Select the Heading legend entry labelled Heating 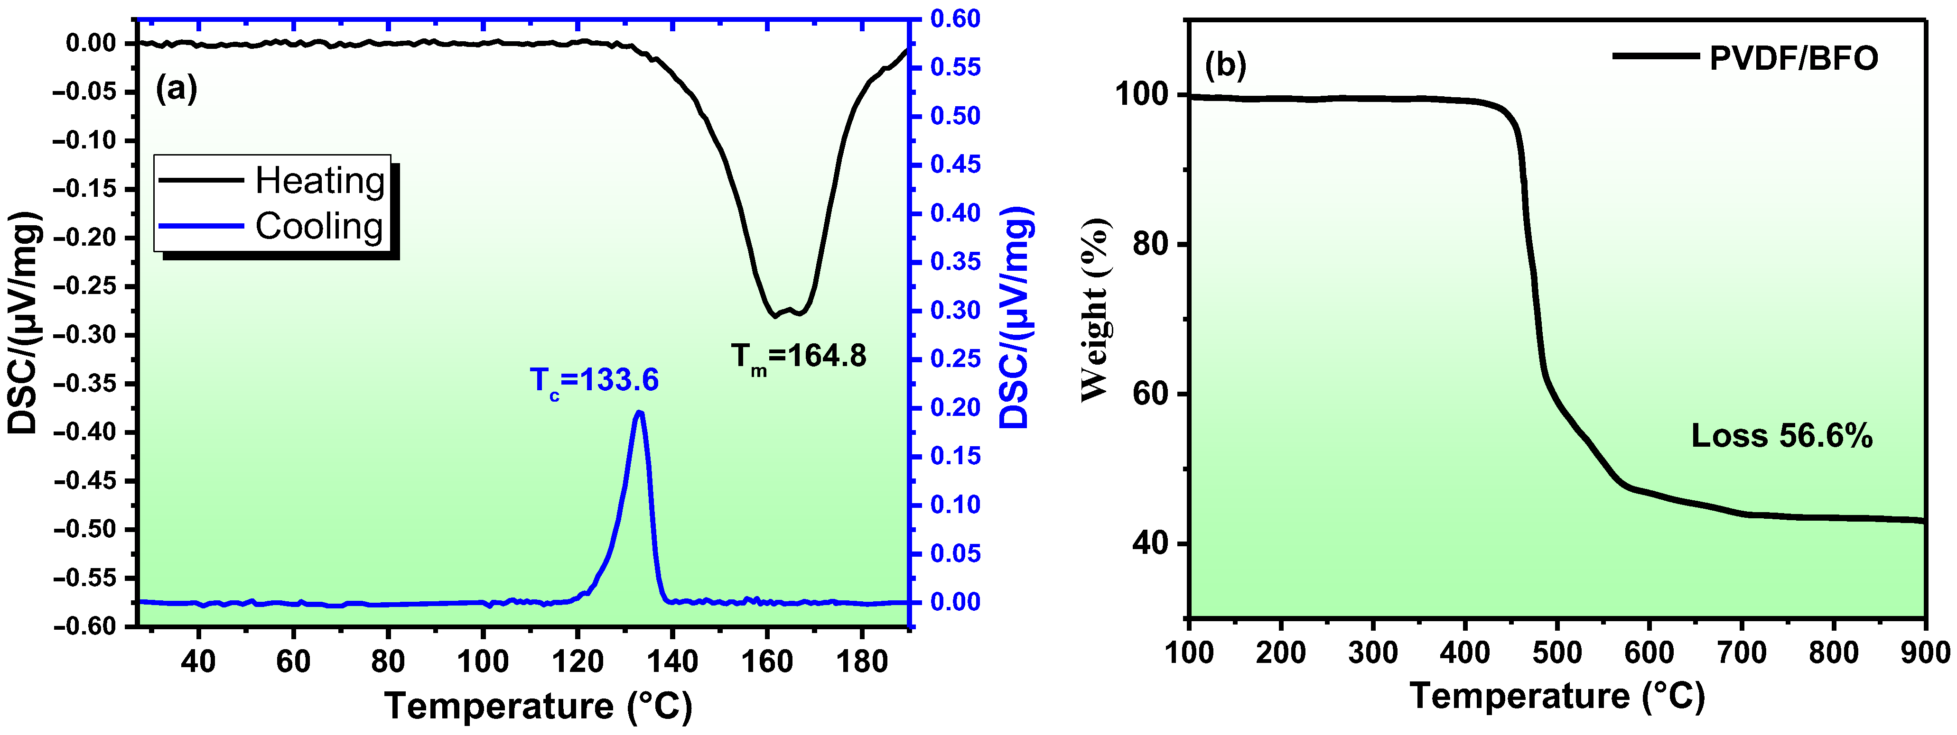coord(319,181)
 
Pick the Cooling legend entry coord(318,226)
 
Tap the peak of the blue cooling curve coord(639,412)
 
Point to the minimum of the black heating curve coord(775,315)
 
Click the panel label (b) coord(1225,66)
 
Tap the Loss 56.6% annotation coord(1781,436)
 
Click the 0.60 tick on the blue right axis coord(956,19)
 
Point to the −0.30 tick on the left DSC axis coord(84,335)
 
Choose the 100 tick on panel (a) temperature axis coord(483,661)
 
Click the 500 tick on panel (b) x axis coord(1557,652)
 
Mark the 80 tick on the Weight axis coord(1149,245)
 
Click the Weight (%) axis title coord(1096,309)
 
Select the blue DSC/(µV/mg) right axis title coord(1016,317)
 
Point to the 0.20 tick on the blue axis coord(956,408)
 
